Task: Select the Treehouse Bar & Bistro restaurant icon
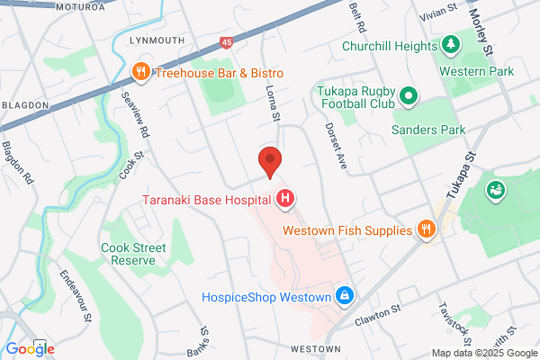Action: pos(140,72)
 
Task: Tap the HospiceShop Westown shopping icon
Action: pos(343,294)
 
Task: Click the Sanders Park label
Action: pos(428,130)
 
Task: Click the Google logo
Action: pos(30,348)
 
